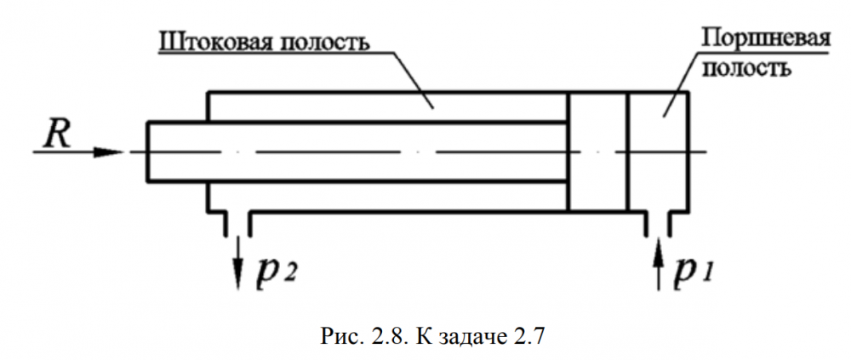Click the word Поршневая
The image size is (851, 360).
755,39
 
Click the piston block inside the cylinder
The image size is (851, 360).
597,151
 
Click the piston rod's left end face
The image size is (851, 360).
147,151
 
